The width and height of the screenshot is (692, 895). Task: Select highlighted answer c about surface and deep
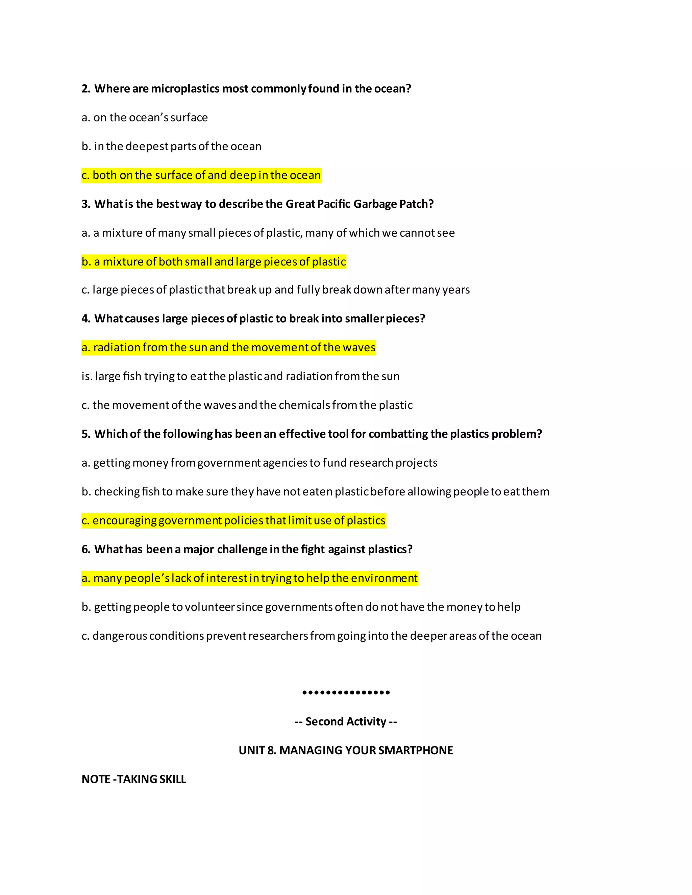[201, 175]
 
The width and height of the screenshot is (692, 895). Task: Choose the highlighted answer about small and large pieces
[214, 262]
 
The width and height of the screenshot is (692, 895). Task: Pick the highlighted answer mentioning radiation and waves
[228, 348]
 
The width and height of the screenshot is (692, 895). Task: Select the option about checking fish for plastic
[315, 492]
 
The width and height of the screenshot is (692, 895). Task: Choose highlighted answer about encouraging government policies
[234, 521]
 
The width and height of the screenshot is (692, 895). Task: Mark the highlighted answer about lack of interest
[250, 579]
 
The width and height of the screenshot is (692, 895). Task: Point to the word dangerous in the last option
[119, 636]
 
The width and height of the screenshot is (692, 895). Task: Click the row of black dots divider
[346, 693]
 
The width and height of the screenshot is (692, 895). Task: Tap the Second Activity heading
[346, 722]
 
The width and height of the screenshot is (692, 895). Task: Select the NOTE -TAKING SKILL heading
[134, 779]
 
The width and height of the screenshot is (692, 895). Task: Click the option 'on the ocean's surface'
[145, 118]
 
